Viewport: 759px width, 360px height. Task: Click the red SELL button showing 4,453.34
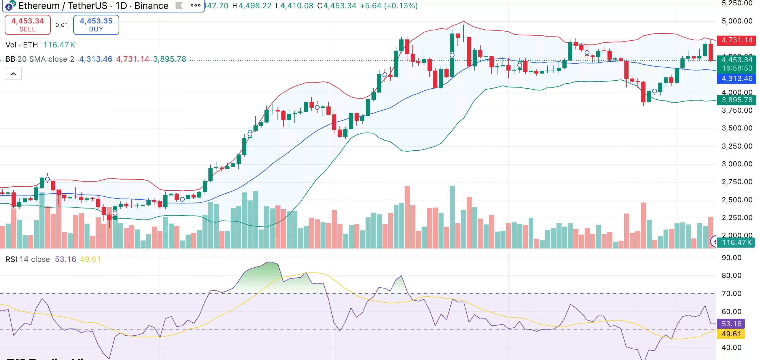[x=28, y=25]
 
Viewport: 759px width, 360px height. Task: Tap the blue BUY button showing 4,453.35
[x=96, y=25]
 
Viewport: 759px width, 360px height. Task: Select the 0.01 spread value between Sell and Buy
[x=62, y=25]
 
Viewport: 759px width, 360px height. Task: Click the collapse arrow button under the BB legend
[x=13, y=74]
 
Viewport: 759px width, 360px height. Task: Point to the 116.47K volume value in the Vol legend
[x=59, y=45]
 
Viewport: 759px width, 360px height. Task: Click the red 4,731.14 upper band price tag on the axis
[x=736, y=40]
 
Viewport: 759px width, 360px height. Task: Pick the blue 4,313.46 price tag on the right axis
[x=736, y=79]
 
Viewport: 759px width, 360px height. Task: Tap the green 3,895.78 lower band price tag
[x=736, y=100]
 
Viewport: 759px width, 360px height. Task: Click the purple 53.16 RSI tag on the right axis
[x=731, y=324]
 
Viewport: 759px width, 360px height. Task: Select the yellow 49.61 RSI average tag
[x=731, y=334]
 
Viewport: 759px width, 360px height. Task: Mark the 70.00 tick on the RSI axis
[x=731, y=294]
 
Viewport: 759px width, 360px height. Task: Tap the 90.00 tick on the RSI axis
[x=731, y=257]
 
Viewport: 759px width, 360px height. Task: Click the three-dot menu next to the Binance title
[x=196, y=5]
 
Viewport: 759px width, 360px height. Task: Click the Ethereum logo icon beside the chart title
[x=10, y=6]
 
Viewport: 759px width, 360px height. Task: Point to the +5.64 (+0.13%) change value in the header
[x=389, y=6]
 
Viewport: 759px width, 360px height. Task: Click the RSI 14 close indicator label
[x=28, y=259]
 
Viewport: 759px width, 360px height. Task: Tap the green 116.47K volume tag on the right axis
[x=736, y=243]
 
